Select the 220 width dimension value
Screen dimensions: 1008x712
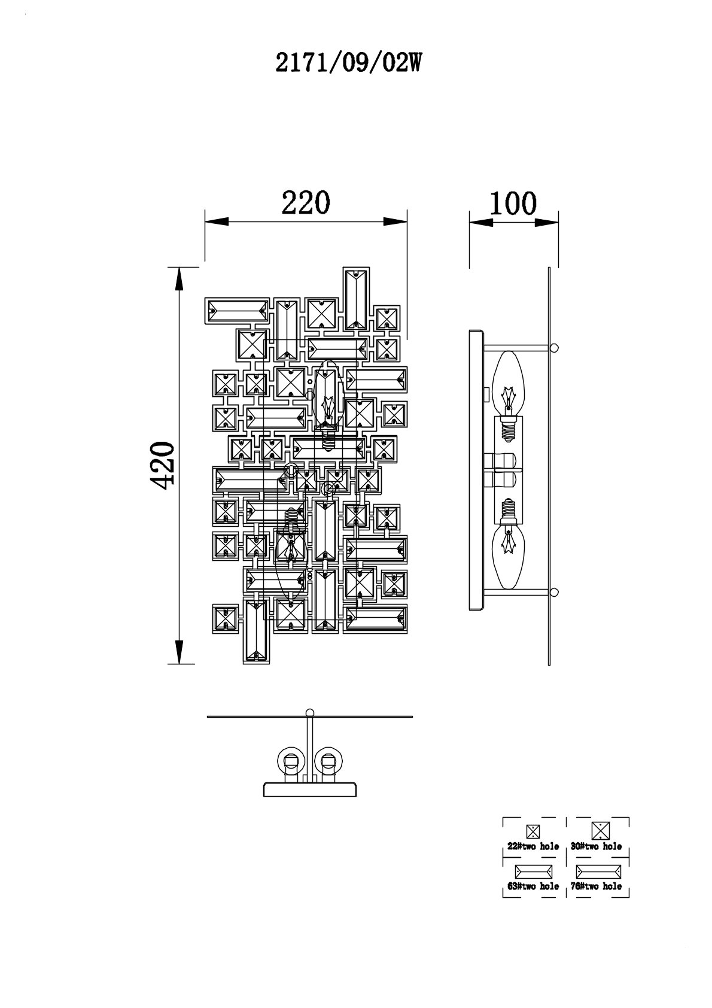point(305,203)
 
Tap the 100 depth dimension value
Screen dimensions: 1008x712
point(513,203)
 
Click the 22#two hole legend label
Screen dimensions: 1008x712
point(533,846)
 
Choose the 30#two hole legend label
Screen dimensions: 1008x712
point(597,846)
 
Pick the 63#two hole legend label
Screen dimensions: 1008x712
point(533,886)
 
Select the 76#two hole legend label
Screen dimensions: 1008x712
point(597,886)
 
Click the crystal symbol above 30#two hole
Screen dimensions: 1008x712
point(600,831)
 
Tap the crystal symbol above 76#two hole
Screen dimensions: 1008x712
point(598,872)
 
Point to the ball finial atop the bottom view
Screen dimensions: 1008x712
point(309,712)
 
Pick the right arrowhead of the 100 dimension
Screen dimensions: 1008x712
point(547,221)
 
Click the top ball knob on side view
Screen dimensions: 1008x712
point(555,347)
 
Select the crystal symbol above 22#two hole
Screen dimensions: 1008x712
point(533,831)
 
